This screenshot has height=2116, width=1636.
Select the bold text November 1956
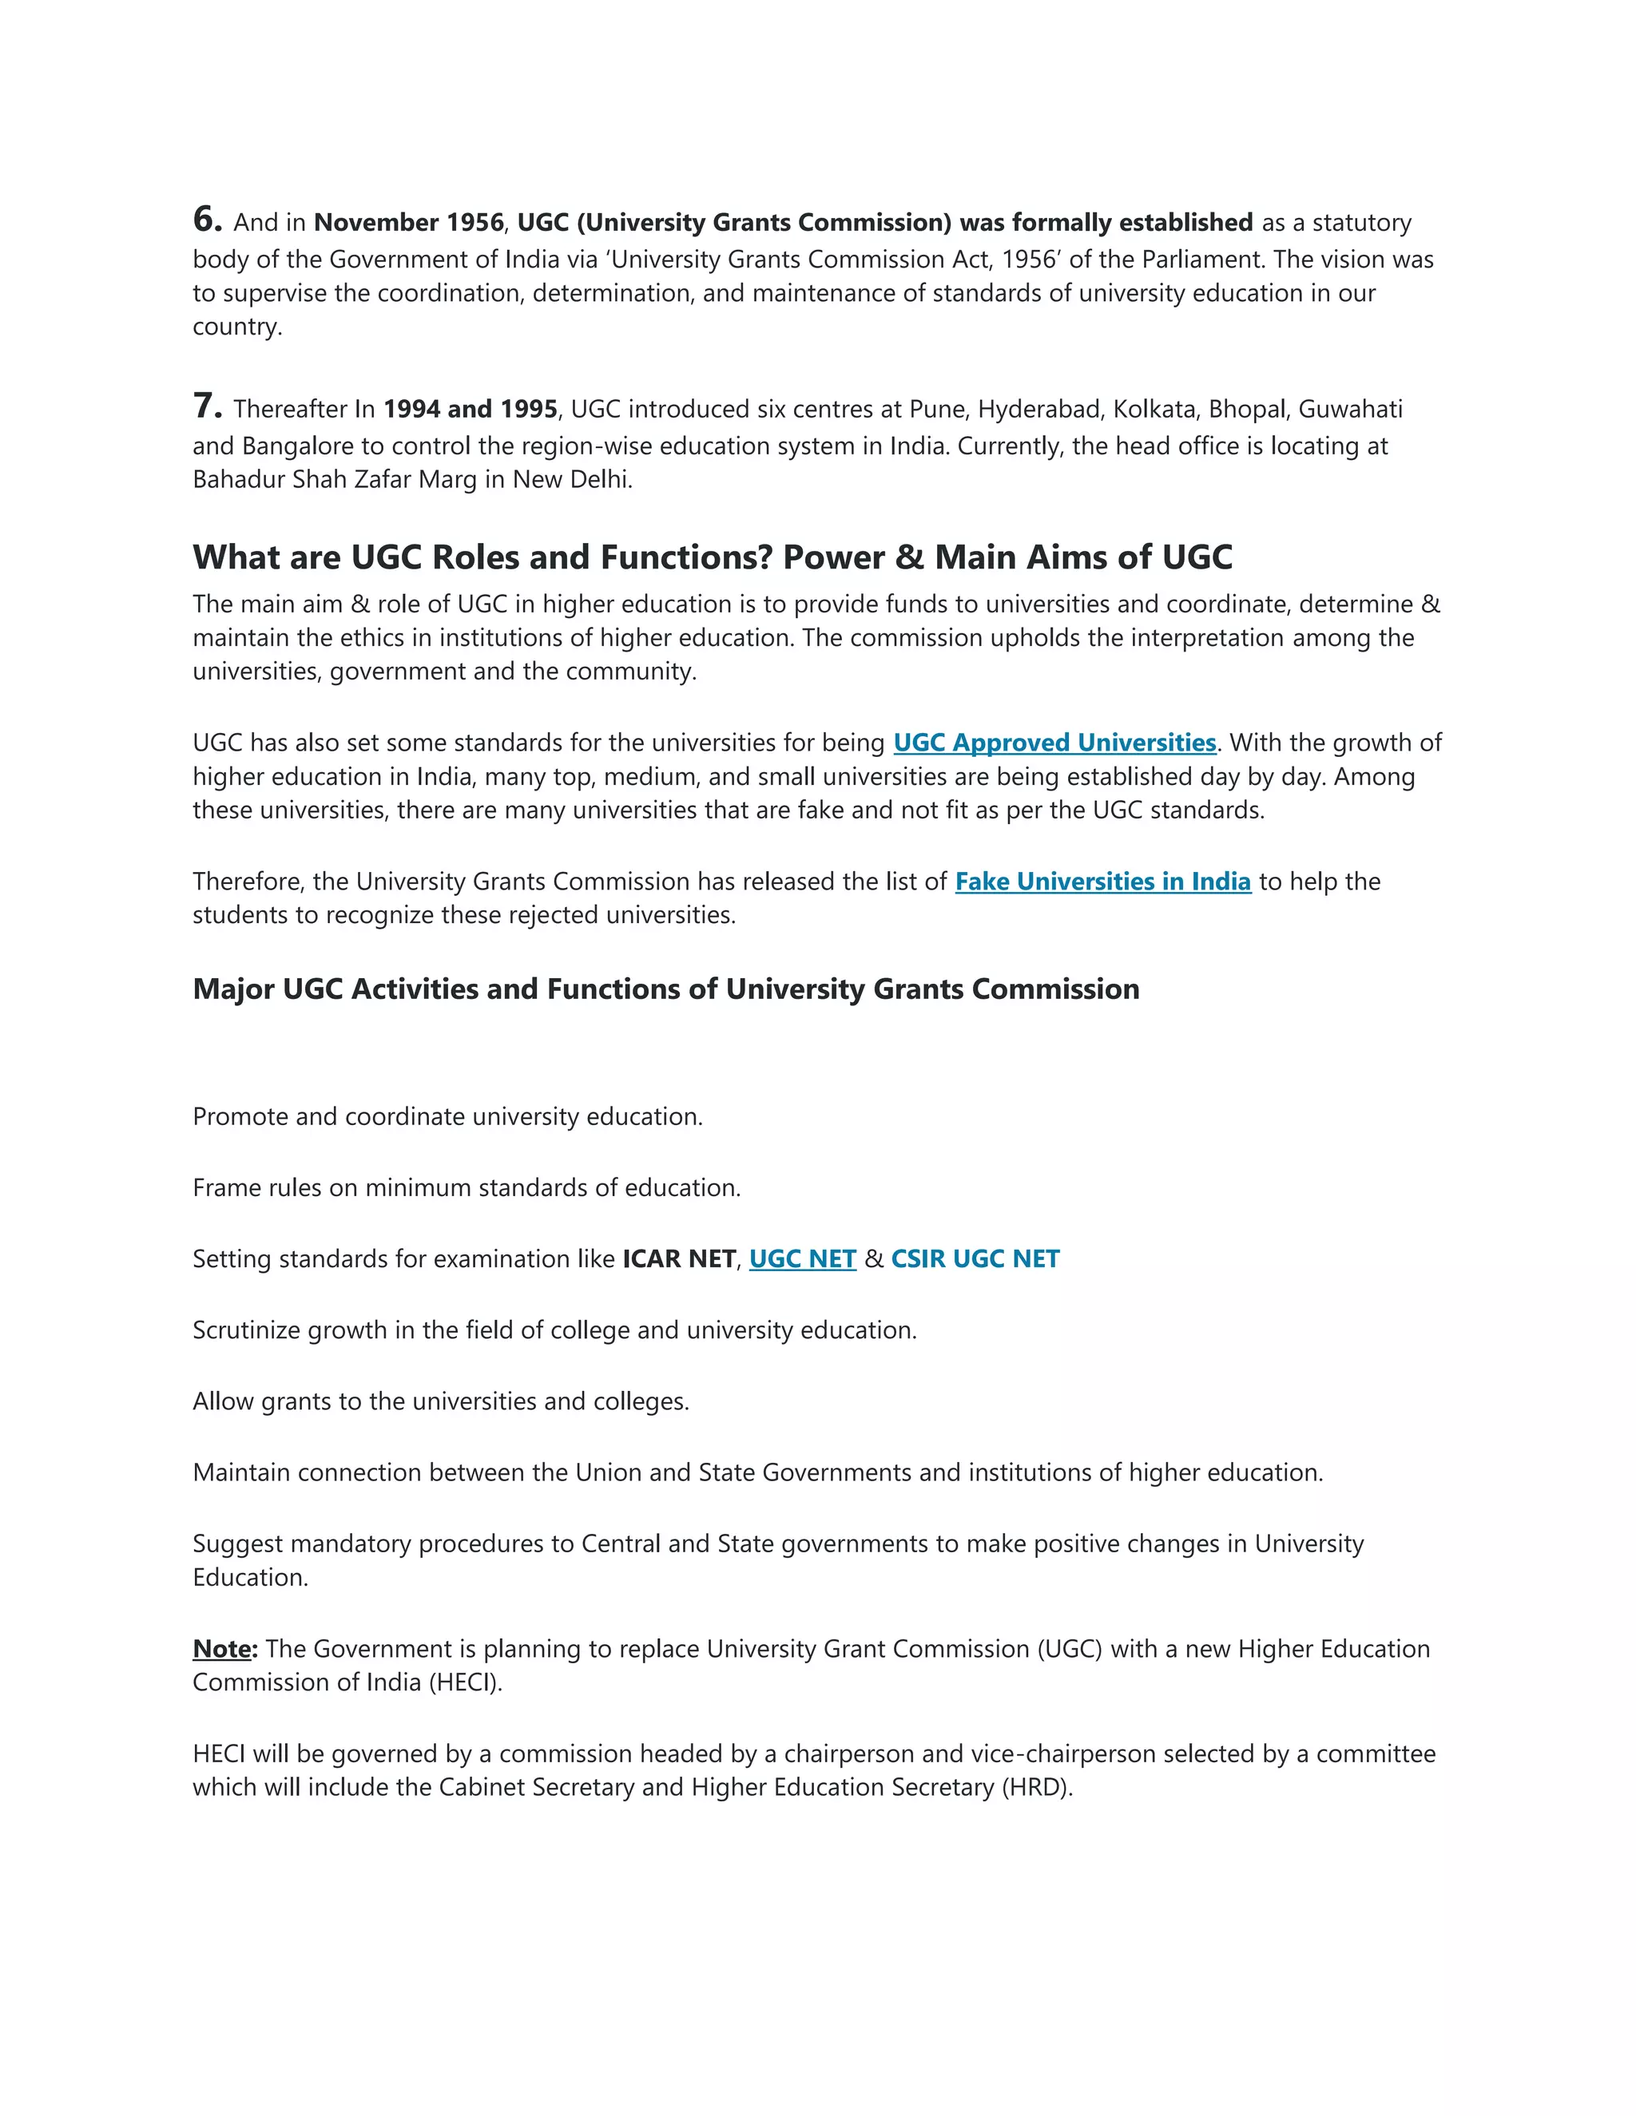(x=408, y=223)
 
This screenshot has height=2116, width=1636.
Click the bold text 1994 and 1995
(x=470, y=410)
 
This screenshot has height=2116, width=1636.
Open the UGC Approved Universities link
(x=1054, y=743)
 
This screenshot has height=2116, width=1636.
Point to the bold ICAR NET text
(x=678, y=1258)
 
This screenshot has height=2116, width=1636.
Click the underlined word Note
(x=222, y=1649)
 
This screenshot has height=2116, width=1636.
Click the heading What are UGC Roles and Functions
(x=712, y=557)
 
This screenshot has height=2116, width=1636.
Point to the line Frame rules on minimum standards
(x=467, y=1188)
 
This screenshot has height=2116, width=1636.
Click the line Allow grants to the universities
(x=440, y=1402)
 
